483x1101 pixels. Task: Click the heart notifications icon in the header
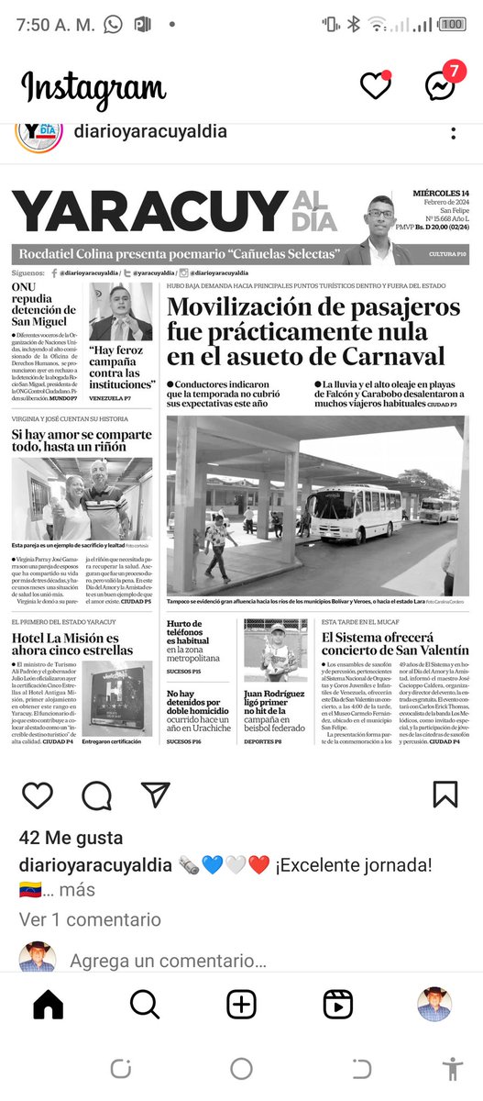pyautogui.click(x=375, y=85)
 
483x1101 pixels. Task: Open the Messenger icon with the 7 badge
pyautogui.click(x=440, y=85)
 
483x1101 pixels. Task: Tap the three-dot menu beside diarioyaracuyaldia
pyautogui.click(x=453, y=134)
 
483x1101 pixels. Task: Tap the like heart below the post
pyautogui.click(x=38, y=795)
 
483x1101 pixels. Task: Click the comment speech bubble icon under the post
pyautogui.click(x=96, y=795)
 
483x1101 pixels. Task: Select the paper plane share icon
pyautogui.click(x=156, y=795)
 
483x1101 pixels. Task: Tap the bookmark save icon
pyautogui.click(x=445, y=795)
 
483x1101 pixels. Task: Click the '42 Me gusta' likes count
pyautogui.click(x=71, y=838)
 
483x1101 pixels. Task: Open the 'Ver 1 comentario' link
pyautogui.click(x=90, y=919)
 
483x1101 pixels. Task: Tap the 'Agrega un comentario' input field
pyautogui.click(x=169, y=962)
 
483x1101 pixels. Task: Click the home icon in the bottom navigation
pyautogui.click(x=49, y=1005)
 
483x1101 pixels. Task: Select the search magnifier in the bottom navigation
pyautogui.click(x=145, y=1005)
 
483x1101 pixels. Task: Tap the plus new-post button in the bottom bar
pyautogui.click(x=242, y=1005)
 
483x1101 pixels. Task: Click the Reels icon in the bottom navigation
pyautogui.click(x=338, y=1005)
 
